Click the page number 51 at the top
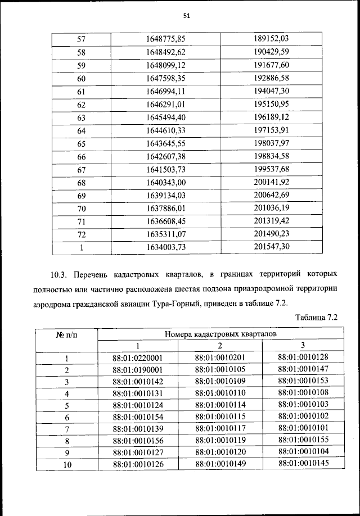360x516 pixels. [x=186, y=16]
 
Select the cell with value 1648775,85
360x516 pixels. [x=165, y=39]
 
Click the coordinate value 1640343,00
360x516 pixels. [x=165, y=183]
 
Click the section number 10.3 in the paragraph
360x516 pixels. [x=58, y=275]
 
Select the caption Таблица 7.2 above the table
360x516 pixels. [x=316, y=318]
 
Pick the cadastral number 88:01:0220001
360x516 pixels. [x=138, y=357]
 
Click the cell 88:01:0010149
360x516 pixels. [x=220, y=464]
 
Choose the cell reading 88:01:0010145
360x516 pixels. [x=303, y=464]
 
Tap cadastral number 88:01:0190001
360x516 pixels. [x=138, y=370]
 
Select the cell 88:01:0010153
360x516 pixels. [x=303, y=381]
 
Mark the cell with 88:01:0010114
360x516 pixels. [x=220, y=405]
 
